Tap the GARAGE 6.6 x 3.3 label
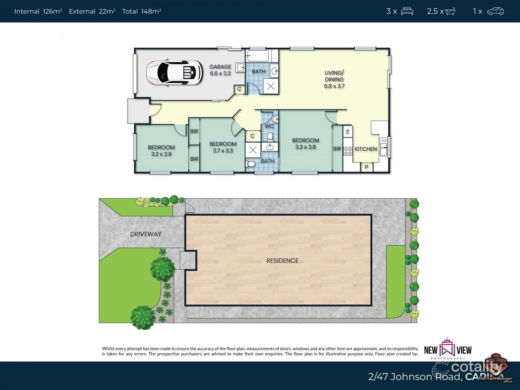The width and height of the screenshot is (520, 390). click(220, 70)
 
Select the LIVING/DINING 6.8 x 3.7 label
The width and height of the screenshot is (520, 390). click(334, 79)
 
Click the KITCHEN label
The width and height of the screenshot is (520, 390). click(365, 149)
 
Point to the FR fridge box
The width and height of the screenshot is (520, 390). click(347, 131)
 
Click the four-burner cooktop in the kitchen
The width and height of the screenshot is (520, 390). click(348, 151)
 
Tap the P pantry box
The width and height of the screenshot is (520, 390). click(367, 167)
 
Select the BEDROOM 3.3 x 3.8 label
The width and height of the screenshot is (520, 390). click(305, 143)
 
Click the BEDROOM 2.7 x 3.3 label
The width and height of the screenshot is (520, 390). click(223, 147)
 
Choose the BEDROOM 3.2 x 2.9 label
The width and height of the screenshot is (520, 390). click(161, 150)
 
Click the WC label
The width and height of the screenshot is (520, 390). click(269, 126)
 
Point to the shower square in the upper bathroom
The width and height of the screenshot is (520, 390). click(271, 87)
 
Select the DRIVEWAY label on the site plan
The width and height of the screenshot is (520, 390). click(146, 234)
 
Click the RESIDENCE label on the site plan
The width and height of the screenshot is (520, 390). click(282, 260)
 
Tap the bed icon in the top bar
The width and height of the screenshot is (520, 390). click(407, 11)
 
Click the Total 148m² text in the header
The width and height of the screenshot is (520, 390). click(142, 11)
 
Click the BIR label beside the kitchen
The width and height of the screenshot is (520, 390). click(337, 148)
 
